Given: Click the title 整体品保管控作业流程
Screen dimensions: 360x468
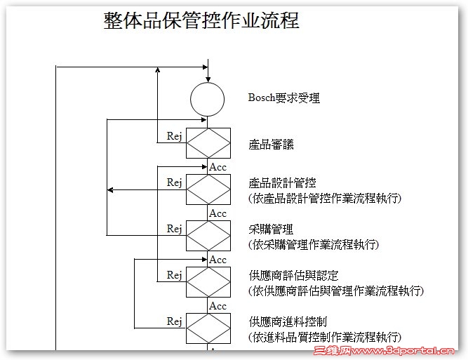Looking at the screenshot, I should (x=201, y=22).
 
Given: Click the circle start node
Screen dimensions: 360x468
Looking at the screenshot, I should (x=208, y=99).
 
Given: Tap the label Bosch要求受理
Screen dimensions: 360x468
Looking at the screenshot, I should (x=284, y=98).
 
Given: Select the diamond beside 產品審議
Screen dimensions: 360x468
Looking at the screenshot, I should (x=208, y=144).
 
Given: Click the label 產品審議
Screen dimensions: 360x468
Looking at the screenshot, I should (x=271, y=145).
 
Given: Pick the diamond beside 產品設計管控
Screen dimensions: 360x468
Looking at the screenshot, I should (x=208, y=189).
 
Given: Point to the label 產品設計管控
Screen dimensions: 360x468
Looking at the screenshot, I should (x=282, y=183).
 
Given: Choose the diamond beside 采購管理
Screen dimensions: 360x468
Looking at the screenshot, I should (x=208, y=236).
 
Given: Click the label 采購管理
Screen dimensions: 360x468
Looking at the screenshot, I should (x=271, y=229).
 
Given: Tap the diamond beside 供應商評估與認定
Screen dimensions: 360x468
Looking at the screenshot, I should (x=208, y=282).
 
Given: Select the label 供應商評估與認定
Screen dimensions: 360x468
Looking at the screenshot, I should (x=293, y=276).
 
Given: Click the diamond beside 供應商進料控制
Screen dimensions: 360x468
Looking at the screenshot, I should (x=208, y=328).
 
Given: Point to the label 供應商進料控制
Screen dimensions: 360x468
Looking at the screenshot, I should (x=288, y=322).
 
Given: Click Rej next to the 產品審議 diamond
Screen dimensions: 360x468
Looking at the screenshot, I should (x=175, y=136).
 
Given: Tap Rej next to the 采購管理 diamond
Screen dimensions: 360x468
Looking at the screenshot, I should (x=175, y=229).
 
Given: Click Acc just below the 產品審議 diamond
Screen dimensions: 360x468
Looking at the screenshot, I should (x=218, y=167).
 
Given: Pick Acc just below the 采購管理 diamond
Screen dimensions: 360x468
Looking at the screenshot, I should (x=218, y=260).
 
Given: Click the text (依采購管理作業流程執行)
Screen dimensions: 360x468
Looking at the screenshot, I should (x=314, y=245).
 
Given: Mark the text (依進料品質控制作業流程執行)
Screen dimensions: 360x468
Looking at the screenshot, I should (x=325, y=338).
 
